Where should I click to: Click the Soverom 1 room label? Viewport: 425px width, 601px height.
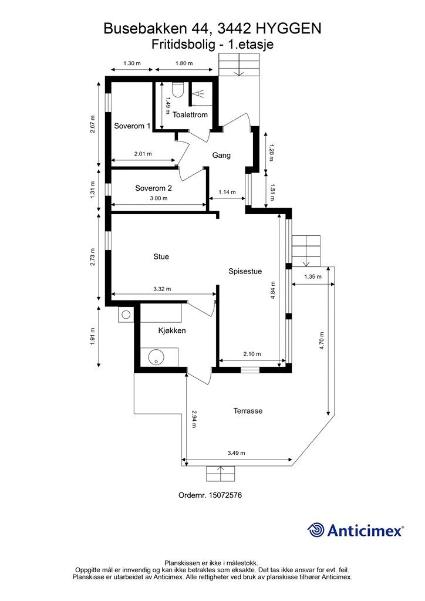coord(132,126)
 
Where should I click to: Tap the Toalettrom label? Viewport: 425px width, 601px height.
coord(190,114)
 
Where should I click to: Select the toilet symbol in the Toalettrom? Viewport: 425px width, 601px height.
coord(178,90)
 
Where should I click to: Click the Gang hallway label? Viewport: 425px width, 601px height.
coord(221,155)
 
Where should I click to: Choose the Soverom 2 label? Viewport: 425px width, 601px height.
coord(153,188)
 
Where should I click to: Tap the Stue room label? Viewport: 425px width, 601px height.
coord(161,257)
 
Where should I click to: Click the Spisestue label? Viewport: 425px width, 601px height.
coord(245,271)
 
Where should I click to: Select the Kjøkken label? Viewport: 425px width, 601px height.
coord(172,330)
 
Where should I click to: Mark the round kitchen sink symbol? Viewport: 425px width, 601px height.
coord(156,357)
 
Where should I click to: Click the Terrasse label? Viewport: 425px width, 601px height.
coord(248,411)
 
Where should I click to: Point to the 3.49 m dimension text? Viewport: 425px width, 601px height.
coord(236,453)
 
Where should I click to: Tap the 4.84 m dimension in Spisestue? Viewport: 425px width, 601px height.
coord(273,291)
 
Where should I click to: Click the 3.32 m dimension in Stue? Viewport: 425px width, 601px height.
coord(162,289)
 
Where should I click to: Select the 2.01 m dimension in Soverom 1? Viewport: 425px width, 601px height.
coord(143,154)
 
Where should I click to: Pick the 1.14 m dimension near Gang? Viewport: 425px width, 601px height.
coord(227,192)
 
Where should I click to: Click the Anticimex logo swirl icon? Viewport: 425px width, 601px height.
coord(316,530)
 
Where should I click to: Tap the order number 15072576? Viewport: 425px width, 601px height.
coord(225,495)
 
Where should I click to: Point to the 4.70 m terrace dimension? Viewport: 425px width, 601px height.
coord(322,340)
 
